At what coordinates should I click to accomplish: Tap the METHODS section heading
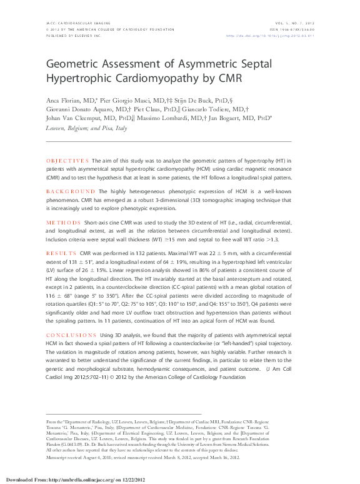click(63, 223)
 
